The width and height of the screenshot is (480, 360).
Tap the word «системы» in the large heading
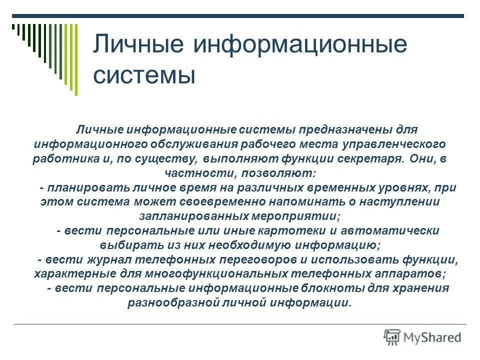tap(144, 75)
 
